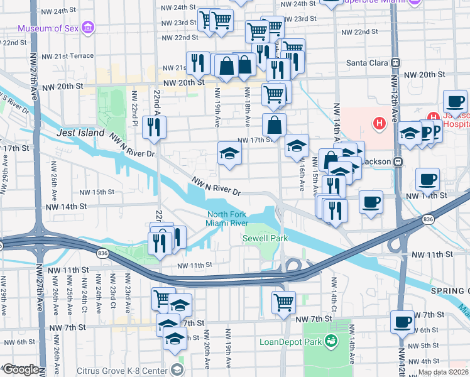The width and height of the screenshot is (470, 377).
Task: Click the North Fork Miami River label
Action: [228, 219]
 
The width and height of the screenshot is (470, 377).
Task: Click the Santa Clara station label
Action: [368, 63]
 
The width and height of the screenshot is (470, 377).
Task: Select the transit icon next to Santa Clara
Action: [396, 63]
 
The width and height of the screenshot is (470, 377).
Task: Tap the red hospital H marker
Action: [380, 124]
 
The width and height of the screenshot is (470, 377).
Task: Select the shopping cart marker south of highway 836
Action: [283, 302]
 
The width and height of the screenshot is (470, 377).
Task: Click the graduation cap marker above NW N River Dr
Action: [229, 153]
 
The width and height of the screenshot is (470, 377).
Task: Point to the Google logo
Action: [21, 370]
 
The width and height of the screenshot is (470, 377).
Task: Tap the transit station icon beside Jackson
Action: [397, 161]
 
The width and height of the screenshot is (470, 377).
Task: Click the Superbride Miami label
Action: [371, 3]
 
